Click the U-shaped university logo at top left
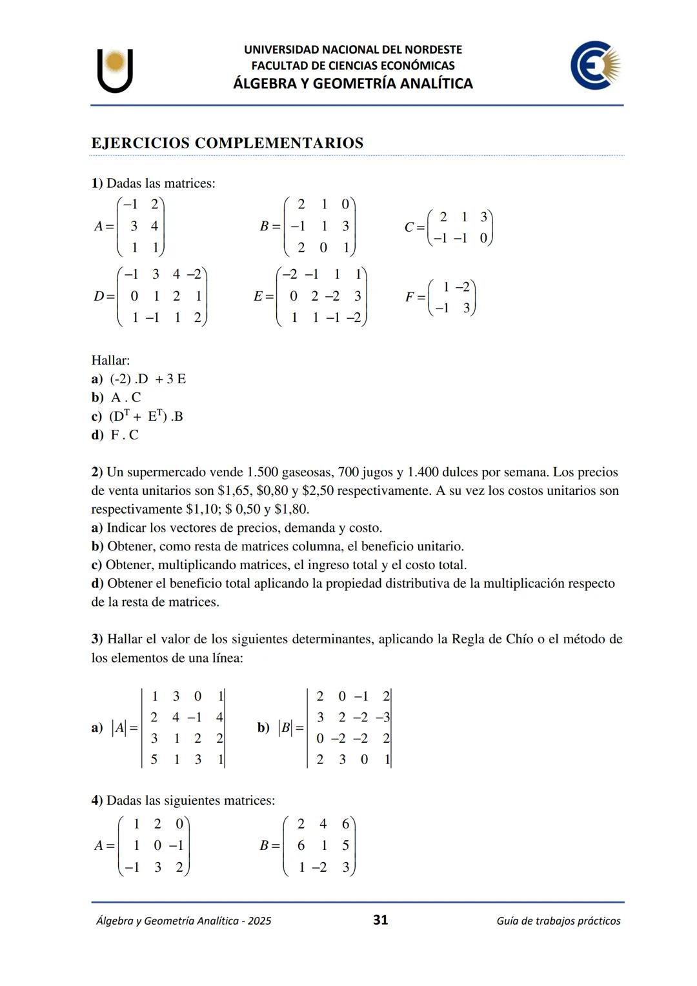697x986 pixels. point(116,70)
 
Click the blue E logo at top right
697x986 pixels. point(594,65)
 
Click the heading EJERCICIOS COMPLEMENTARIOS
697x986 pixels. point(227,143)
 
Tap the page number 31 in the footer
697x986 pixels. point(380,920)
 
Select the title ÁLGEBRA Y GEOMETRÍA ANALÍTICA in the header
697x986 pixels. point(352,83)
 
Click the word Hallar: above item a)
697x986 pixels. point(110,360)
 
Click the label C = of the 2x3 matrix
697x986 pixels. point(414,227)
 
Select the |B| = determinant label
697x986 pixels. point(290,728)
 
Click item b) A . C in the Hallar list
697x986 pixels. point(116,397)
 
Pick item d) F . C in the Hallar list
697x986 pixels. point(115,435)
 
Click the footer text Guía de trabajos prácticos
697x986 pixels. point(558,921)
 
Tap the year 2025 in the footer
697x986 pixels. point(259,921)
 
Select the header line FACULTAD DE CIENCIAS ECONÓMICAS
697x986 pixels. point(352,65)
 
